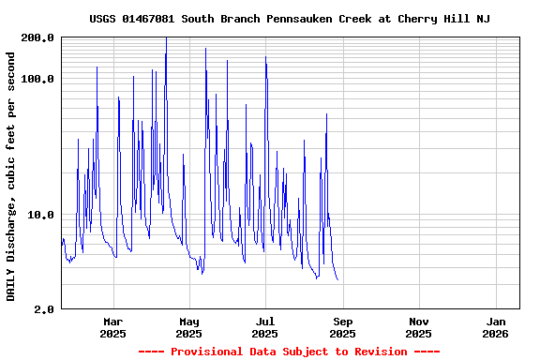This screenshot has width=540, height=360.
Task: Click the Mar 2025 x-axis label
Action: (112, 327)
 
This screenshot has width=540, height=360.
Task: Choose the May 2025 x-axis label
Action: (188, 327)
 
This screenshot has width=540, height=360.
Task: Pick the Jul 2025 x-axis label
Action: (265, 327)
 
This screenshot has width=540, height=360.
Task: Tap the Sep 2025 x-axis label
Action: (342, 327)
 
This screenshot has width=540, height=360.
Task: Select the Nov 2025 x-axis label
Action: (419, 327)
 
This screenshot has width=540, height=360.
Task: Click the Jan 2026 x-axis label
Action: (496, 327)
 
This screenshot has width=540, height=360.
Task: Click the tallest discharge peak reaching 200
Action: (166, 39)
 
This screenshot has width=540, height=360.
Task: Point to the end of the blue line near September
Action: (337, 279)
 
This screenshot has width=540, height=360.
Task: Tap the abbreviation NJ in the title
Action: (483, 19)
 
